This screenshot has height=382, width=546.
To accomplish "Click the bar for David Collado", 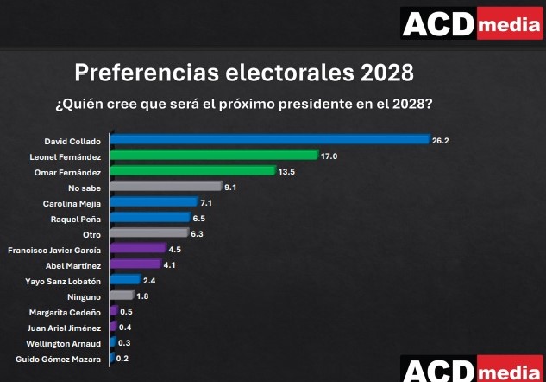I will point(269,140).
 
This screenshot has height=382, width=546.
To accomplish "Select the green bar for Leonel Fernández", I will point(214,156).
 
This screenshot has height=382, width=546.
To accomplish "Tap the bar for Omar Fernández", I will point(192,171).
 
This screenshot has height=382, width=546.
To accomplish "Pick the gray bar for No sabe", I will point(166,187).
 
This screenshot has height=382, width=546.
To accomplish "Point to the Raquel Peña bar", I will point(150,218).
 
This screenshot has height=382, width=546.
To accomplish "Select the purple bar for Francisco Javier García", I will point(137,249).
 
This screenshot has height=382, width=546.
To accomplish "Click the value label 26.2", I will point(441,140).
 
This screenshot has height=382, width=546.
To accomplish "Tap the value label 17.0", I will point(329,156).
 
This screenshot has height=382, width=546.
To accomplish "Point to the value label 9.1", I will point(230,187).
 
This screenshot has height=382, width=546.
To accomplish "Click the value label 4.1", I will point(169,264).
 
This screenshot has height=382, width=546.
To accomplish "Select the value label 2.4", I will point(148,280).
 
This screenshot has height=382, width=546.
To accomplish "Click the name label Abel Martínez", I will point(73,265).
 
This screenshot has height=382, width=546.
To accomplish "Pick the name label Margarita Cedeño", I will point(66,312).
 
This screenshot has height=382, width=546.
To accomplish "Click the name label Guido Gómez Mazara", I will point(60,359).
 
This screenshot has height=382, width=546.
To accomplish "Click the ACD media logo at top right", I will point(471,23).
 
